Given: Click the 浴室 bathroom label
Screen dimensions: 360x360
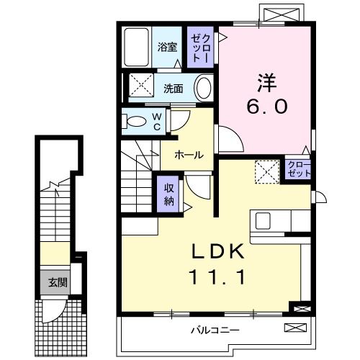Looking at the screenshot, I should click(x=168, y=48).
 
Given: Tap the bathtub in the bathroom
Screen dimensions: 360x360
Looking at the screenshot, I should click(x=135, y=48).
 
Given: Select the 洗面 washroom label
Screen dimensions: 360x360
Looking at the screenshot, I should click(x=172, y=89).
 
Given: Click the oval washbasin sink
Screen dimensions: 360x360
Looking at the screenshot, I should click(x=204, y=89).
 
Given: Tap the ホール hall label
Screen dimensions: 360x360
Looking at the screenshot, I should click(x=188, y=155).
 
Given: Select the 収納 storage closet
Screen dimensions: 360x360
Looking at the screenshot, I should click(x=167, y=192).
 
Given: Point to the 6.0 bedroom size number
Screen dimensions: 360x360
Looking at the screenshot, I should click(x=267, y=106).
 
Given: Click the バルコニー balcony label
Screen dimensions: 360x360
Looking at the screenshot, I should click(x=215, y=330).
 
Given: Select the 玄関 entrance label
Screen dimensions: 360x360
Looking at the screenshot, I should click(x=59, y=282).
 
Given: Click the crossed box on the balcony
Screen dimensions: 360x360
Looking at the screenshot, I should click(x=294, y=328).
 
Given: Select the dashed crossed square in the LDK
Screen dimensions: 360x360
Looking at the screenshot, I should click(x=267, y=171).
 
